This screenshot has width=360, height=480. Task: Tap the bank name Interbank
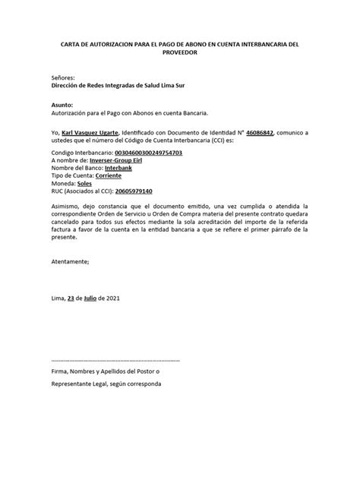(x=121, y=169)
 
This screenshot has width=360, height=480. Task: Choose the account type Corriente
(x=118, y=176)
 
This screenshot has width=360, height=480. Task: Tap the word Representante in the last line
(x=74, y=384)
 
